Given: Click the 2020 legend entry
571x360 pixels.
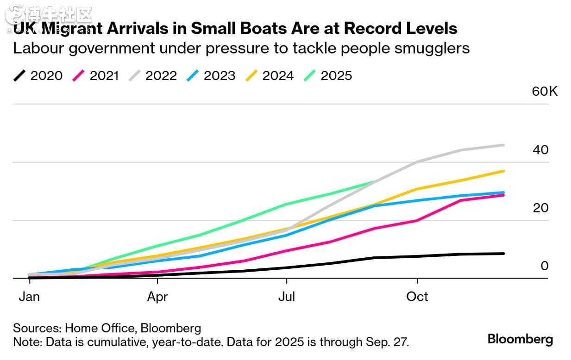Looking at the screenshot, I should (x=38, y=76).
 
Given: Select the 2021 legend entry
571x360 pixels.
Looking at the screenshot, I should (x=96, y=76).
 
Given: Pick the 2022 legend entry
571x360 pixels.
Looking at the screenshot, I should (x=153, y=76).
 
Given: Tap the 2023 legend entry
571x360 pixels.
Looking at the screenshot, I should (x=211, y=76).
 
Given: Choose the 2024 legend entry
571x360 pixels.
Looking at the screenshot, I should (x=270, y=76).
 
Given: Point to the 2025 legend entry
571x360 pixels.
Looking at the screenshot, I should (x=328, y=76).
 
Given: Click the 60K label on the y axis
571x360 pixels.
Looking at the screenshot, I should (x=545, y=91).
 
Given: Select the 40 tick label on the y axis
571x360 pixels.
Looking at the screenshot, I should (x=540, y=150).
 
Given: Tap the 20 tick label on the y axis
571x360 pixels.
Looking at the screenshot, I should (x=540, y=208).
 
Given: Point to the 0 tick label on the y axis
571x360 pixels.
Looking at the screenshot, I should (x=545, y=266).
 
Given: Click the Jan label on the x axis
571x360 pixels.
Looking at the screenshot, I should (x=29, y=297).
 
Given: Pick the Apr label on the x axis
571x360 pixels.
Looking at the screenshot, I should (x=157, y=297).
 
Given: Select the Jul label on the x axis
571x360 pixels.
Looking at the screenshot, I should (x=287, y=297).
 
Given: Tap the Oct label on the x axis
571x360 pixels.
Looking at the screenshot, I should (x=417, y=297).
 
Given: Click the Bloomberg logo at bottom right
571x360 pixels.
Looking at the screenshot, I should (x=520, y=339).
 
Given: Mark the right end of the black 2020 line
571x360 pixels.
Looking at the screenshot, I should (x=503, y=254).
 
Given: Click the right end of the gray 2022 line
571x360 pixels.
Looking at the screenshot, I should (x=503, y=145).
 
